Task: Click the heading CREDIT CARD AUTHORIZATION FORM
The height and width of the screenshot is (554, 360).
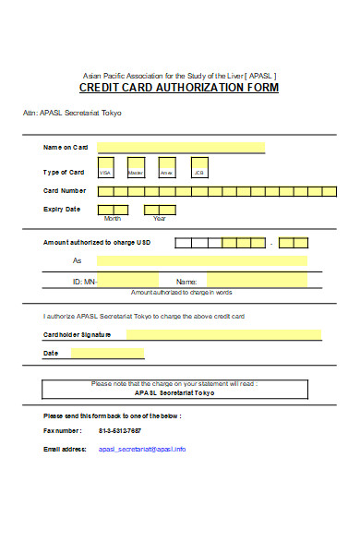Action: click(x=179, y=88)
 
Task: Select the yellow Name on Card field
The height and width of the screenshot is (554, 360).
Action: click(x=181, y=147)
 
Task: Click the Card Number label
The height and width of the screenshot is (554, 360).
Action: click(x=65, y=191)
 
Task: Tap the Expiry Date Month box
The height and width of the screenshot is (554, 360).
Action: click(x=113, y=210)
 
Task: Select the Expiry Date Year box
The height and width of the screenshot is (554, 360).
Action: click(x=161, y=210)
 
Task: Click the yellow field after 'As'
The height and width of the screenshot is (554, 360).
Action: click(x=202, y=260)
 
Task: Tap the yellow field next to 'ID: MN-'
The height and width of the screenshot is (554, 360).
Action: click(x=128, y=281)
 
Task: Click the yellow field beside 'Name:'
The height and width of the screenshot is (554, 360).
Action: click(x=256, y=281)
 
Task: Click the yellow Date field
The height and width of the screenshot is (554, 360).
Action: click(x=108, y=353)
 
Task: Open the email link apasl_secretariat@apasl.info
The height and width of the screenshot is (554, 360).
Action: click(x=142, y=449)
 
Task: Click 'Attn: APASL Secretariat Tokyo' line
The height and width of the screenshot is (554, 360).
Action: click(x=72, y=113)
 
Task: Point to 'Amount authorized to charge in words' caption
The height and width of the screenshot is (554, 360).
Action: click(x=181, y=293)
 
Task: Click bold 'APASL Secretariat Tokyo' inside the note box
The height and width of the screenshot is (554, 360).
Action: click(x=174, y=392)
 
